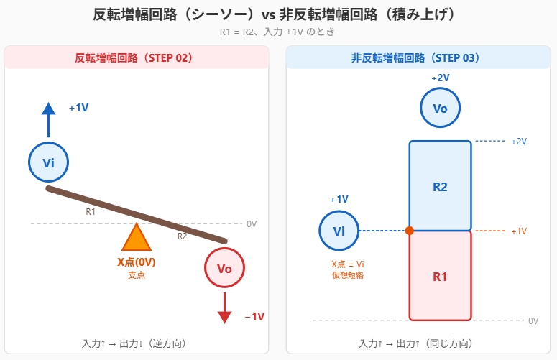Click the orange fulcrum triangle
tap(136, 239)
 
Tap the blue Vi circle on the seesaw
tap(49, 162)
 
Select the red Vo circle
tap(224, 269)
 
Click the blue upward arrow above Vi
tap(48, 119)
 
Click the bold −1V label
tap(254, 317)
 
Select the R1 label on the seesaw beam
tap(91, 212)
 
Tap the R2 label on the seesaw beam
tap(183, 236)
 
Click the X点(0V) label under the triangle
tap(137, 262)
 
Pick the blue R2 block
tap(440, 186)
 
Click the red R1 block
tap(440, 276)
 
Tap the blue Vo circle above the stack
tap(440, 108)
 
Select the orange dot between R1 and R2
tap(410, 231)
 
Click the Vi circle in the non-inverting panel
tap(339, 231)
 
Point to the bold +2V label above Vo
tap(440, 78)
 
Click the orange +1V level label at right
tap(519, 231)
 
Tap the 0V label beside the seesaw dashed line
tap(252, 223)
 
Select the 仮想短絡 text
tap(348, 274)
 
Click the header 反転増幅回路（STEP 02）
tap(136, 57)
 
